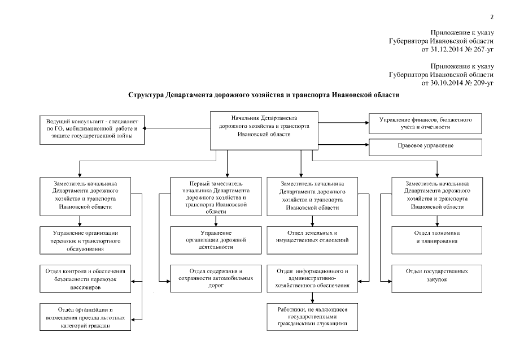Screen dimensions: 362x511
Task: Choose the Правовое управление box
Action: [425, 146]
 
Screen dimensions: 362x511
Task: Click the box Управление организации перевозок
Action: [86, 240]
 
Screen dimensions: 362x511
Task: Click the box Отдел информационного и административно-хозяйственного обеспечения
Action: [312, 278]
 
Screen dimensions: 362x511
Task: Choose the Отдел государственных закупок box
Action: [436, 275]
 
